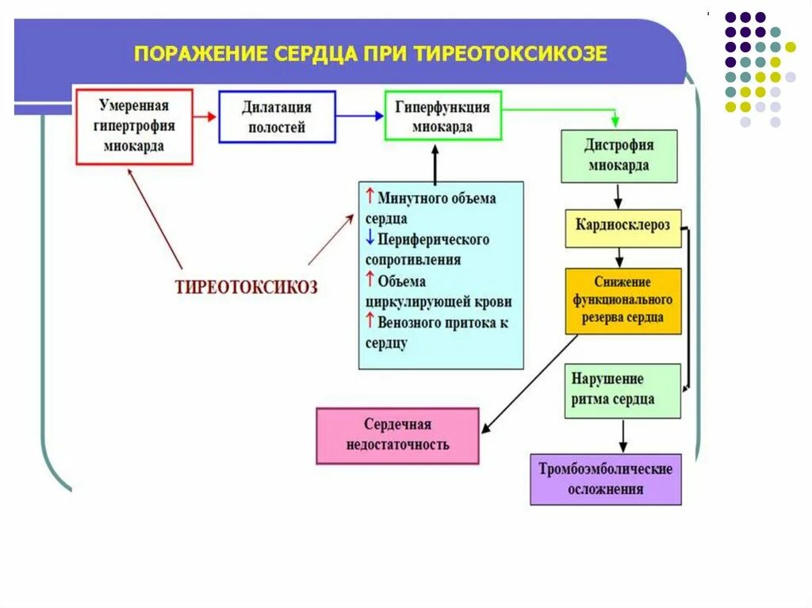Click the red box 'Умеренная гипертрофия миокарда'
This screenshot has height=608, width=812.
[134, 126]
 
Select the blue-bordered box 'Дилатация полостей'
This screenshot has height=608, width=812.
[276, 117]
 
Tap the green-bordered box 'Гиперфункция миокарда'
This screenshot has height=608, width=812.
[442, 116]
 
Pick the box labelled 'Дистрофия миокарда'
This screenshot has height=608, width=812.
[619, 155]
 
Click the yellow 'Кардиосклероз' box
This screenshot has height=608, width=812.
[622, 226]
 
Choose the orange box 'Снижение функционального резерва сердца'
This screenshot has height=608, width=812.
[622, 300]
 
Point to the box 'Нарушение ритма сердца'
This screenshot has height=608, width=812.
[622, 389]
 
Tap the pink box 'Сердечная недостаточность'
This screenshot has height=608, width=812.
[397, 435]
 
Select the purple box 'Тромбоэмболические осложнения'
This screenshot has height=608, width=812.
[605, 478]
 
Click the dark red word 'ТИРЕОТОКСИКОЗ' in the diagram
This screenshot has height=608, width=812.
[246, 288]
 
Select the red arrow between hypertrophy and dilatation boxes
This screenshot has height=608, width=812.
[205, 117]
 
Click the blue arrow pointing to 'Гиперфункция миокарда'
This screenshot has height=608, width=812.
[358, 116]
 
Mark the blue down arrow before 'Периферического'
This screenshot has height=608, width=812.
[370, 238]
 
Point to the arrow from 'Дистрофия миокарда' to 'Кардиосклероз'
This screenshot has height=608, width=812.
[619, 196]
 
